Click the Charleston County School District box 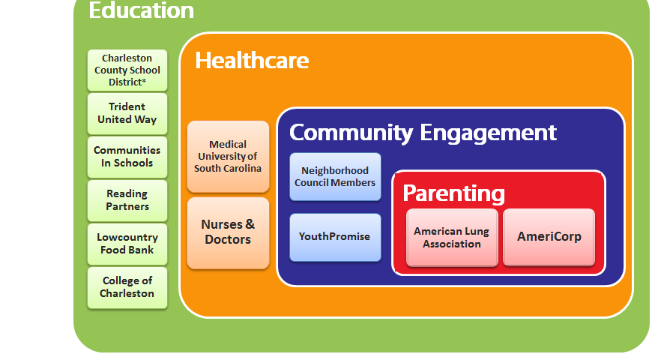pyautogui.click(x=127, y=70)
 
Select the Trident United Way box pyautogui.click(x=127, y=113)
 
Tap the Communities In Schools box pyautogui.click(x=127, y=157)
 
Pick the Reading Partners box pyautogui.click(x=127, y=200)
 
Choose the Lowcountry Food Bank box pyautogui.click(x=127, y=244)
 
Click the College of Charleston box pyautogui.click(x=127, y=287)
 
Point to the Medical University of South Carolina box pyautogui.click(x=229, y=157)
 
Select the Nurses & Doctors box pyautogui.click(x=229, y=232)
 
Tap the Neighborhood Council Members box pyautogui.click(x=335, y=177)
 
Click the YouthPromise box pyautogui.click(x=335, y=237)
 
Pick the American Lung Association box pyautogui.click(x=452, y=237)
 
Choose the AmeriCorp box pyautogui.click(x=549, y=237)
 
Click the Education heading pyautogui.click(x=142, y=10)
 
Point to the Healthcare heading pyautogui.click(x=252, y=61)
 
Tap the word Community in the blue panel pyautogui.click(x=351, y=133)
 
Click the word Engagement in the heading pyautogui.click(x=488, y=133)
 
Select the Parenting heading pyautogui.click(x=453, y=193)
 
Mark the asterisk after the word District pyautogui.click(x=144, y=80)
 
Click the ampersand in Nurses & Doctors pyautogui.click(x=250, y=224)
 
